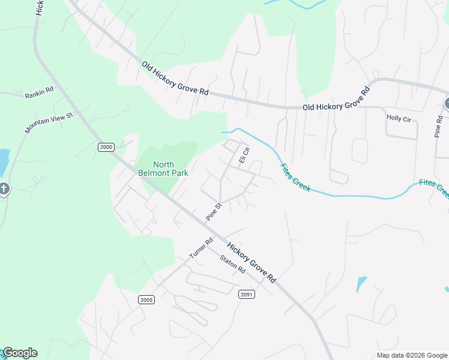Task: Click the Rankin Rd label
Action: click(39, 92)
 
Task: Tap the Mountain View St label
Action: click(49, 122)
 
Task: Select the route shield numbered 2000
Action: click(106, 147)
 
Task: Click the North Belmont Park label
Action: click(163, 169)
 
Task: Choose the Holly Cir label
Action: click(399, 119)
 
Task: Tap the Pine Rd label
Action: click(438, 124)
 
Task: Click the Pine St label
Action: click(214, 211)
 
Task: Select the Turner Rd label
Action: click(201, 248)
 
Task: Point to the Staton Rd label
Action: click(233, 265)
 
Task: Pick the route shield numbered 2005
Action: click(146, 299)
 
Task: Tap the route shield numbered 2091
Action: click(247, 294)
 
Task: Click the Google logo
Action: click(19, 353)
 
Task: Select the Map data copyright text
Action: click(412, 355)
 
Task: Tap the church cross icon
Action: click(4, 190)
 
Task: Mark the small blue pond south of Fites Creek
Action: click(361, 283)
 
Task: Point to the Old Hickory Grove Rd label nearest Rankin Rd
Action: click(175, 78)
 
